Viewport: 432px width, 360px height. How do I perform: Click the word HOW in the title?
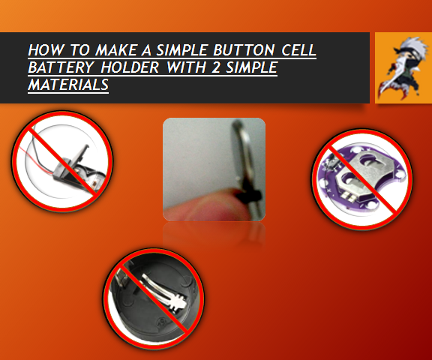(x=43, y=51)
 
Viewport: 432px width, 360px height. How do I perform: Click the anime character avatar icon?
(x=403, y=67)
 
